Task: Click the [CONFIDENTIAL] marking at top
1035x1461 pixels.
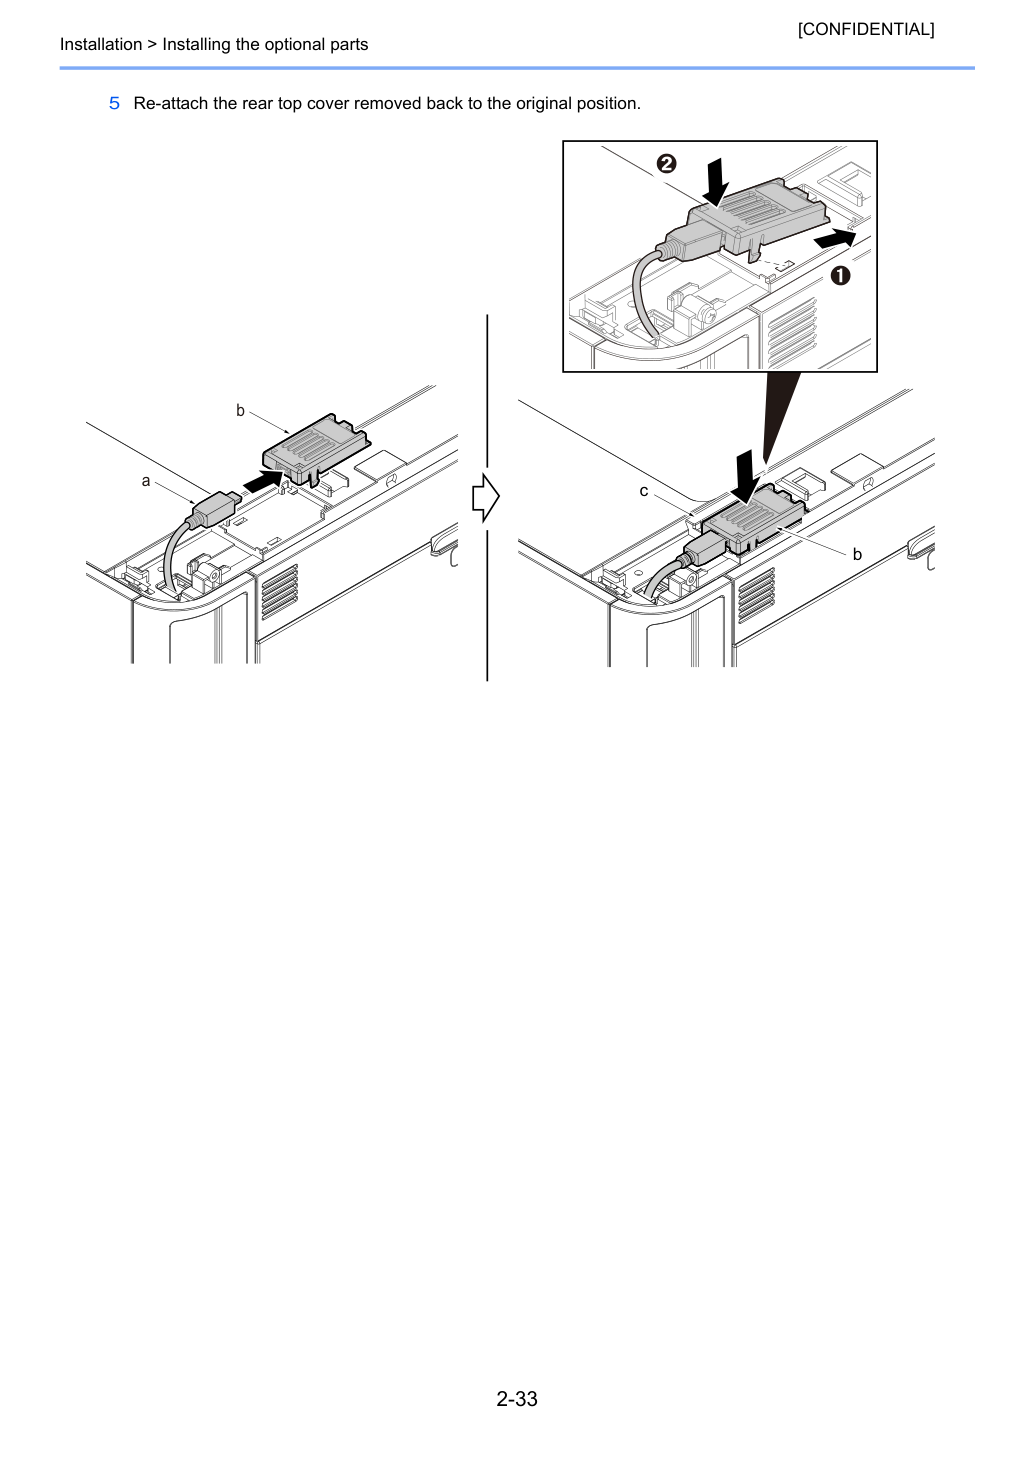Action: pyautogui.click(x=865, y=29)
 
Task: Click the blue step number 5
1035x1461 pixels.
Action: pyautogui.click(x=114, y=104)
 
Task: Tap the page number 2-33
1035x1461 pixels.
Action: pyautogui.click(x=517, y=1398)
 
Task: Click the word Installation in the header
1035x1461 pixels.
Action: pyautogui.click(x=101, y=44)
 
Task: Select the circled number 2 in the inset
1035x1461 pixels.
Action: pyautogui.click(x=667, y=163)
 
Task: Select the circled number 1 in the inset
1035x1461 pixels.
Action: pyautogui.click(x=840, y=276)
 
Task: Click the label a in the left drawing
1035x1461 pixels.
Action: pyautogui.click(x=146, y=481)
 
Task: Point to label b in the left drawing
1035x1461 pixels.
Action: pyautogui.click(x=240, y=410)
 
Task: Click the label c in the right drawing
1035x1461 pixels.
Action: pyautogui.click(x=644, y=491)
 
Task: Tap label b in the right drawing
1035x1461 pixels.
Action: pyautogui.click(x=857, y=554)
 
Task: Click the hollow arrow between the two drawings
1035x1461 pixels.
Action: pyautogui.click(x=486, y=498)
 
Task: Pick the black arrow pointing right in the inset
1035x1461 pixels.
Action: pyautogui.click(x=835, y=238)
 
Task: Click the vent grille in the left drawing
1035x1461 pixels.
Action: pyautogui.click(x=280, y=592)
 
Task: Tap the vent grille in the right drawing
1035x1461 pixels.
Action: pyautogui.click(x=757, y=595)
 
